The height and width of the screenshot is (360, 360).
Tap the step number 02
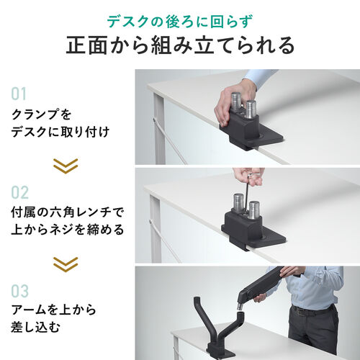tap(19, 193)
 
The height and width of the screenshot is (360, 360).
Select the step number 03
tap(19, 292)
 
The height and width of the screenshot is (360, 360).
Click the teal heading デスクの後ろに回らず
tap(180, 20)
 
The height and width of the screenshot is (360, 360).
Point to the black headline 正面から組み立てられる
tap(180, 45)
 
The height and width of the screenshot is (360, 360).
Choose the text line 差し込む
tap(35, 329)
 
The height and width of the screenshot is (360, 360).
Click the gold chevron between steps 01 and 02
tap(66, 165)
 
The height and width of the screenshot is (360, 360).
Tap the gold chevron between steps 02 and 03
tap(66, 264)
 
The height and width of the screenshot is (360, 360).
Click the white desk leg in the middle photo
tap(154, 230)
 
